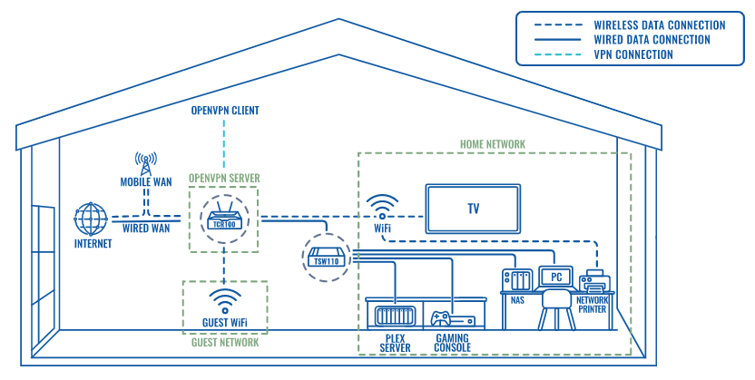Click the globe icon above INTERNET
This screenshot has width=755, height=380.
point(91,219)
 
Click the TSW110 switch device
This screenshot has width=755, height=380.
point(325,256)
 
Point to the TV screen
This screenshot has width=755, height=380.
point(473,209)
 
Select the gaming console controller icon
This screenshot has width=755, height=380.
point(441,318)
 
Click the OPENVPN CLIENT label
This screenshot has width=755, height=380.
point(224,111)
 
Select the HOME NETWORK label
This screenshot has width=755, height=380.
point(492,144)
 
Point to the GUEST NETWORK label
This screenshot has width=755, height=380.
point(224,342)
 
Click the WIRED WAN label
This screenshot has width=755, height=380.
point(147,228)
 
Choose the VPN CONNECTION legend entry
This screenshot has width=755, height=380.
point(632,54)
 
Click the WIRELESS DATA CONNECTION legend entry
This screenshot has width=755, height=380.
point(659,24)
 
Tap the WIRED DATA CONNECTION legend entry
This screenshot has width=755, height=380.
point(651,40)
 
